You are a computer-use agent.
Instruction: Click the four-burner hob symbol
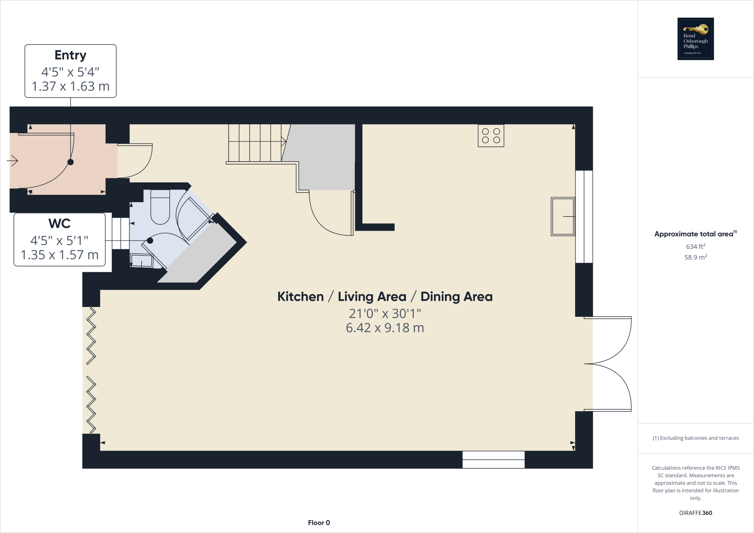coord(491,136)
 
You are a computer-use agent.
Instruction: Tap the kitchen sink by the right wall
coord(562,216)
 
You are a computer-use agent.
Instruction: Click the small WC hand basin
coord(142,260)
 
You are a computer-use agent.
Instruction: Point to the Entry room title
coord(70,55)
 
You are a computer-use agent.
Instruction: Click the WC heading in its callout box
coord(59,223)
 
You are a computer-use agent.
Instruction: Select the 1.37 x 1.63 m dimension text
coord(70,86)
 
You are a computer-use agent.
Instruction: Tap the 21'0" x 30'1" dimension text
coord(385,314)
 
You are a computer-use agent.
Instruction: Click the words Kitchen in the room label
coord(300,297)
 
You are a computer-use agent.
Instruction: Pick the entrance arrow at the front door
coord(13,161)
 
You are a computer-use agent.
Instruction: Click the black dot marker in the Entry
coord(70,162)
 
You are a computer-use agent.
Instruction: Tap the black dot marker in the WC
coord(150,241)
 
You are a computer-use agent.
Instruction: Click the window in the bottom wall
coord(493,460)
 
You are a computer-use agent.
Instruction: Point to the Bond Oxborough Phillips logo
coord(695,39)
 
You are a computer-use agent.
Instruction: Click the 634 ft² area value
coord(695,246)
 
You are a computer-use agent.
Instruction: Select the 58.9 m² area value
coord(695,257)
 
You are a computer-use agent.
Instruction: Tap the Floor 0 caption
coord(319,523)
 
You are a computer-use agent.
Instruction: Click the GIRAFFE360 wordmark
coord(695,513)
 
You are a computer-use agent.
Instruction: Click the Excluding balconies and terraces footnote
coord(695,438)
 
